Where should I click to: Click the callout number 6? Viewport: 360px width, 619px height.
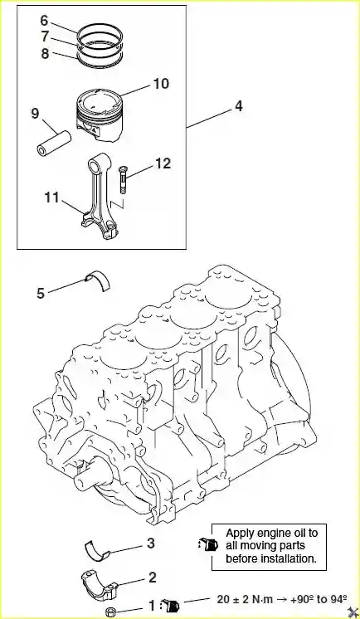pyautogui.click(x=45, y=20)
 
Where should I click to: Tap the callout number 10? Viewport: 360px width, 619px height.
pyautogui.click(x=161, y=84)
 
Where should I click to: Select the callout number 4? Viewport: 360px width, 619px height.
pyautogui.click(x=238, y=106)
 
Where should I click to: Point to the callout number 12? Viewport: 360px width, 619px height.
pyautogui.click(x=163, y=163)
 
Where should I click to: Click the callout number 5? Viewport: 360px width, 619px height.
pyautogui.click(x=41, y=293)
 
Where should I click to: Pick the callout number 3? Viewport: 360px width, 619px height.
pyautogui.click(x=151, y=543)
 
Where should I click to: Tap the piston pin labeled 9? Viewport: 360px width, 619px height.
pyautogui.click(x=54, y=144)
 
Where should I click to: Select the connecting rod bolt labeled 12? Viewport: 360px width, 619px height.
pyautogui.click(x=123, y=179)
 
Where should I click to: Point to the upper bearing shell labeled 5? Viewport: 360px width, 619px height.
pyautogui.click(x=98, y=280)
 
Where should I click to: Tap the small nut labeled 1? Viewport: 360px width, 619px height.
pyautogui.click(x=111, y=612)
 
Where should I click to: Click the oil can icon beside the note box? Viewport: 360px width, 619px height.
pyautogui.click(x=209, y=544)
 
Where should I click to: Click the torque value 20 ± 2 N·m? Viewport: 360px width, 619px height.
pyautogui.click(x=245, y=599)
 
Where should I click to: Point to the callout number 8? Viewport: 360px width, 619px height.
pyautogui.click(x=46, y=53)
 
